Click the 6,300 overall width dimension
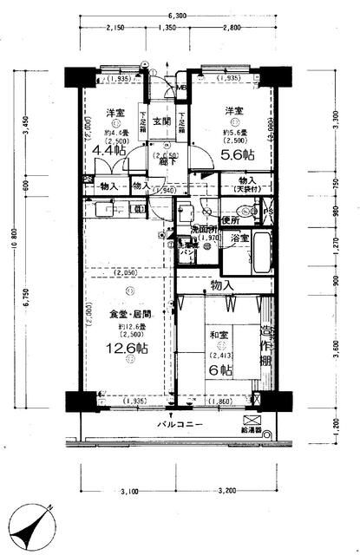(x=178, y=16)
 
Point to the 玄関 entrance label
(x=161, y=121)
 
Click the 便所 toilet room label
(x=230, y=220)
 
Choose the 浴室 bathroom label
(x=239, y=238)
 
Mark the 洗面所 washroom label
(x=206, y=229)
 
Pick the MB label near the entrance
(x=181, y=88)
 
